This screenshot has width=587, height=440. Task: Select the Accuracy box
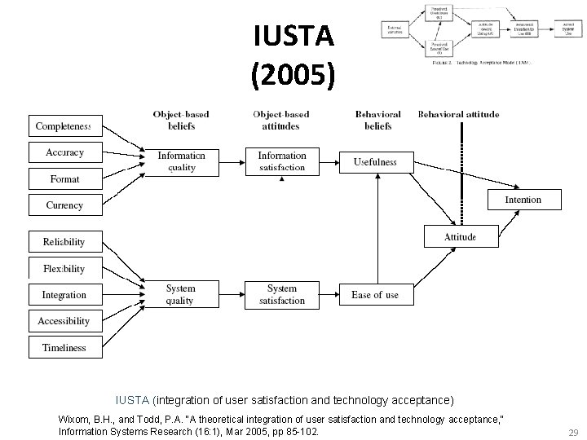click(x=64, y=152)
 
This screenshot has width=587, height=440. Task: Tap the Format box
click(x=64, y=178)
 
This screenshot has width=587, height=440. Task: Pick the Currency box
click(x=64, y=205)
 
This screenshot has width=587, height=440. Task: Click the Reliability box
click(x=64, y=242)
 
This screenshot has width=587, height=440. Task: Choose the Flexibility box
click(x=64, y=268)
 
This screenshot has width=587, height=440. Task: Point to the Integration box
click(x=64, y=294)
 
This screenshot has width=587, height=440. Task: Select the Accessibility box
click(x=64, y=321)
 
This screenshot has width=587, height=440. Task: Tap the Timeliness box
click(x=64, y=347)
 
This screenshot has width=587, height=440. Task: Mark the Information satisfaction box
click(x=282, y=161)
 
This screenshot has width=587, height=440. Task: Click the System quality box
click(x=180, y=294)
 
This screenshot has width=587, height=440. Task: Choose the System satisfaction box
click(x=282, y=294)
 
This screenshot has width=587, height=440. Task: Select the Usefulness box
click(x=375, y=161)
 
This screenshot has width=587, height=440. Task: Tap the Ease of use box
click(x=375, y=294)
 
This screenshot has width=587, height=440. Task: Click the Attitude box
click(x=460, y=237)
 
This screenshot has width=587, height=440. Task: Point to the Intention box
click(x=523, y=200)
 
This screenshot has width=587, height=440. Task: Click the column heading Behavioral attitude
click(x=458, y=115)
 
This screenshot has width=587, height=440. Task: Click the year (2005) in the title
click(x=293, y=74)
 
